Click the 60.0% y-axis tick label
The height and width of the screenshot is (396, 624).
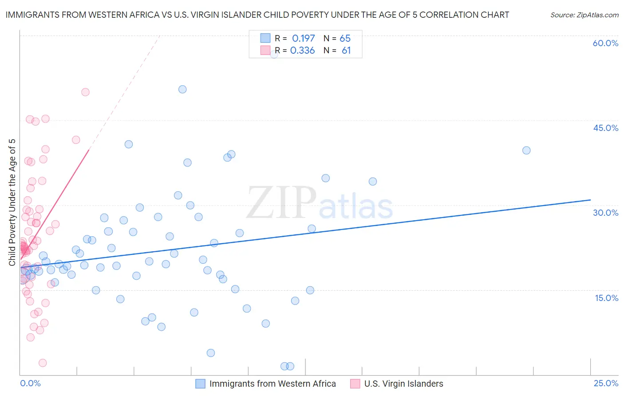click(605, 43)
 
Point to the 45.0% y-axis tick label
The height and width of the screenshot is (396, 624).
click(605, 128)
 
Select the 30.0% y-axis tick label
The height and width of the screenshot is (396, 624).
click(605, 213)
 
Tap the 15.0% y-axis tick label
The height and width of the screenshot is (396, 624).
click(606, 297)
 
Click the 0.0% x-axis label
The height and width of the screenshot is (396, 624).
click(30, 383)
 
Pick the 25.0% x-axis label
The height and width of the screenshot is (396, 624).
click(606, 383)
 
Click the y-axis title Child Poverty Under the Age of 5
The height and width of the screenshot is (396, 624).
click(12, 202)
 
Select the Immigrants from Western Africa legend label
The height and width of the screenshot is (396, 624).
click(273, 384)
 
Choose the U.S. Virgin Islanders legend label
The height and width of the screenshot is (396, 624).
click(403, 384)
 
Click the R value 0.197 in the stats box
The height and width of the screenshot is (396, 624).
click(303, 39)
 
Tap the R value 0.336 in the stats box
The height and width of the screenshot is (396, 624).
click(302, 51)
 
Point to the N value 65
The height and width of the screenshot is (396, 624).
click(345, 39)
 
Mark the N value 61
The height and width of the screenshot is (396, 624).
click(346, 51)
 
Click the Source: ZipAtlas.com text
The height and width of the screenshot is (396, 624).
click(584, 15)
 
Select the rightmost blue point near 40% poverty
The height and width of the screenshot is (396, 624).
click(526, 150)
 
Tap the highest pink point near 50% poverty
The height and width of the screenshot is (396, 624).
click(85, 92)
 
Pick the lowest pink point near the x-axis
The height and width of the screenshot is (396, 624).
click(43, 363)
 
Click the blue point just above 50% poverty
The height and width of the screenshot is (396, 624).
click(182, 89)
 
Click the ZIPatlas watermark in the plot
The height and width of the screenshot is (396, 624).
click(320, 203)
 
